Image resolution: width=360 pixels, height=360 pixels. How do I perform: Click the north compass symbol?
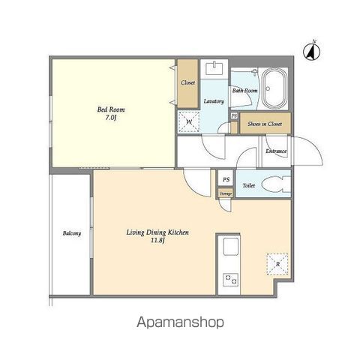point(311,52)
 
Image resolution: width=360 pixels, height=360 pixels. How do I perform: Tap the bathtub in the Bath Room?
point(275,88)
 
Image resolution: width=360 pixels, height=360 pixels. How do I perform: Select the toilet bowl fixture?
point(276,184)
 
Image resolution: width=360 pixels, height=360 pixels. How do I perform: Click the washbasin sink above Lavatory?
point(214,68)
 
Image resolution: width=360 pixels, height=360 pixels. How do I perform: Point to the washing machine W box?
point(189,122)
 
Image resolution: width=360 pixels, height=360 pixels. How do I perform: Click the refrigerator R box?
point(277,264)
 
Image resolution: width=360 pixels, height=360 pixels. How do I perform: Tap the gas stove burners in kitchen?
point(230,280)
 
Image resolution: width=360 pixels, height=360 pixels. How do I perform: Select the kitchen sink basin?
point(230,247)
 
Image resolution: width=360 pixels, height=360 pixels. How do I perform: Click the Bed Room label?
point(111,109)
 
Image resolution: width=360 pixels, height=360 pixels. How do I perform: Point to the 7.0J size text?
point(111,118)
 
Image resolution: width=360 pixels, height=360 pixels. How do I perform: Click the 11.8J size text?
point(157,241)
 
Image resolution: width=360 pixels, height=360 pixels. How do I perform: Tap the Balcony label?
point(72,233)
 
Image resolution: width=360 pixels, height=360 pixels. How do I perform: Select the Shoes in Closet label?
point(265,124)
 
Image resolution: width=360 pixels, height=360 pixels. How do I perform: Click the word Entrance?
point(276,151)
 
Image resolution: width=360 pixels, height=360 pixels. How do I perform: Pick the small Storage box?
point(226,193)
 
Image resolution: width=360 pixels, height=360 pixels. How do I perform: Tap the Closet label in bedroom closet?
point(187,82)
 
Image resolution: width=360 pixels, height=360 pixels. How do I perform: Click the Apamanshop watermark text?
point(180,322)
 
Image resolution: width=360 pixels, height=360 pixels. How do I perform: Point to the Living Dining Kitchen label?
point(157,232)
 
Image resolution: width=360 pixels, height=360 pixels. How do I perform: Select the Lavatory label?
point(214,101)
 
